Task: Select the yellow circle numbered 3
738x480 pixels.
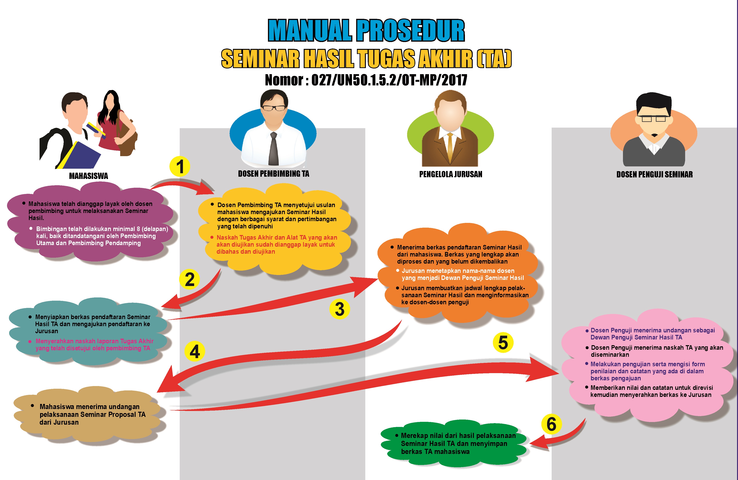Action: tap(340, 309)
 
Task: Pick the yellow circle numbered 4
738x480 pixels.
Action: tap(195, 351)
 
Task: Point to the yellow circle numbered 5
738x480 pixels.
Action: tap(503, 342)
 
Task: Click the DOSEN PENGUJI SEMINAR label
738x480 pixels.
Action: tap(654, 174)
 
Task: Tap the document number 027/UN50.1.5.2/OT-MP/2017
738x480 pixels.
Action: tap(389, 80)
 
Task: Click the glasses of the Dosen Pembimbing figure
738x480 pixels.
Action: tap(274, 108)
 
